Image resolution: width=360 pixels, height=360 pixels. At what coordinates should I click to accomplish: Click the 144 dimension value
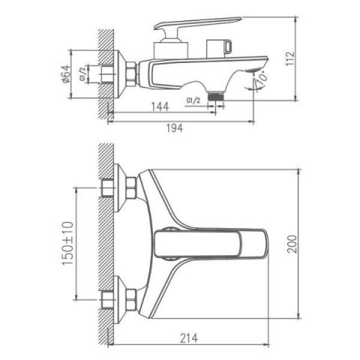point(160,106)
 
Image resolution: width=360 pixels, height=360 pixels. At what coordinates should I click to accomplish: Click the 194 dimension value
point(175,128)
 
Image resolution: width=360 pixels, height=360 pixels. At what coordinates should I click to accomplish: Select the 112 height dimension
point(290,59)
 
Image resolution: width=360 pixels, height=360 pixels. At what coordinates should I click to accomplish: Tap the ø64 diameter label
point(65,74)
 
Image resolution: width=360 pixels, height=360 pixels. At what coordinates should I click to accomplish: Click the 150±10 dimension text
point(67,243)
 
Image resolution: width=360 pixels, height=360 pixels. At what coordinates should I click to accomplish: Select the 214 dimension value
point(189,338)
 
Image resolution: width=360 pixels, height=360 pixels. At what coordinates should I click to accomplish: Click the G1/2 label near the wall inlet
point(83,74)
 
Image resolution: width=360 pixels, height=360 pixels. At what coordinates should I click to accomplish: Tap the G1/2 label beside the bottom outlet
point(193,100)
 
